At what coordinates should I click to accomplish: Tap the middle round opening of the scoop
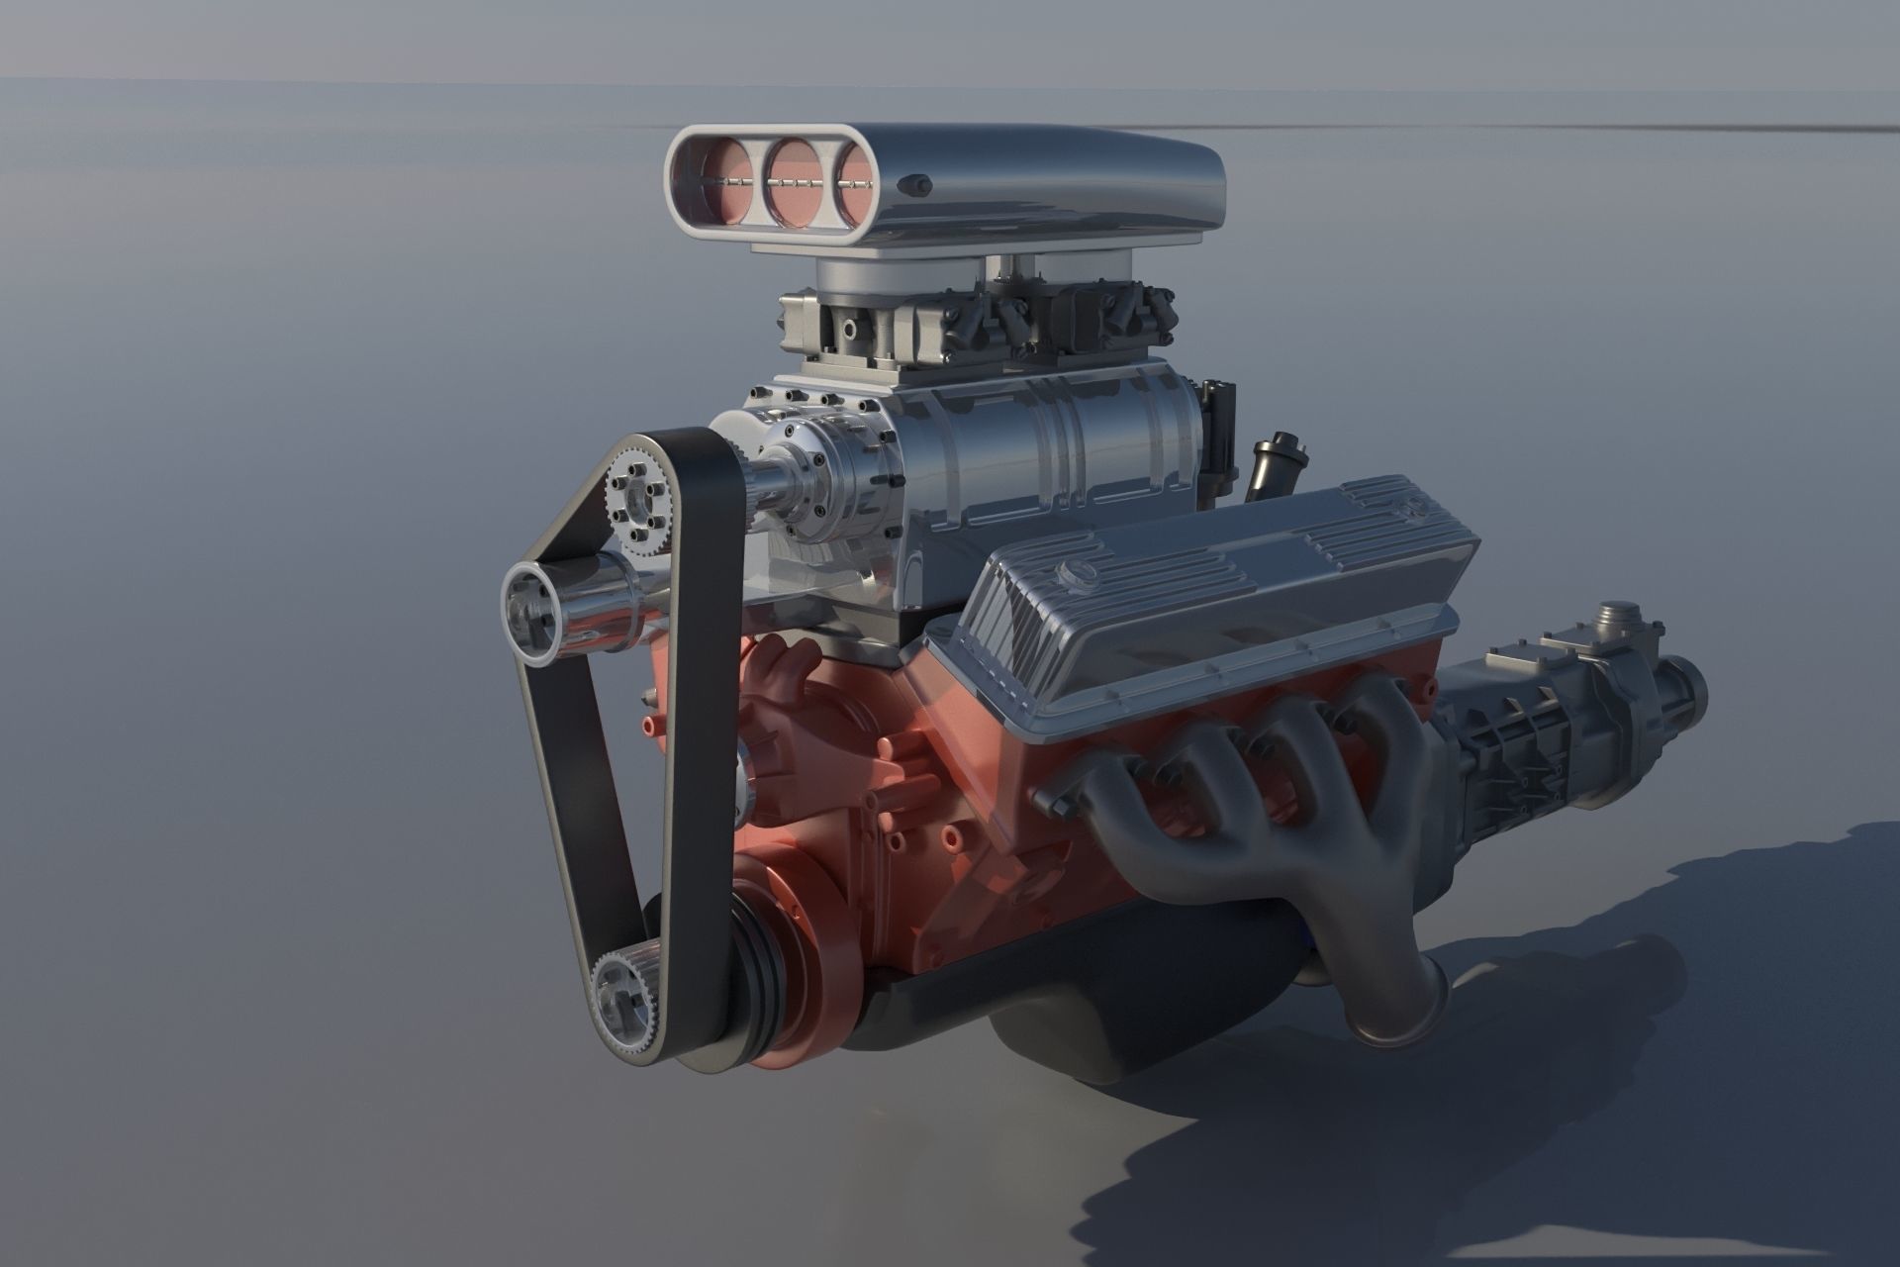[796, 182]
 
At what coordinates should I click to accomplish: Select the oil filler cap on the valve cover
[1071, 571]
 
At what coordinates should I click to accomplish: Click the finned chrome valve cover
[1217, 604]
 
